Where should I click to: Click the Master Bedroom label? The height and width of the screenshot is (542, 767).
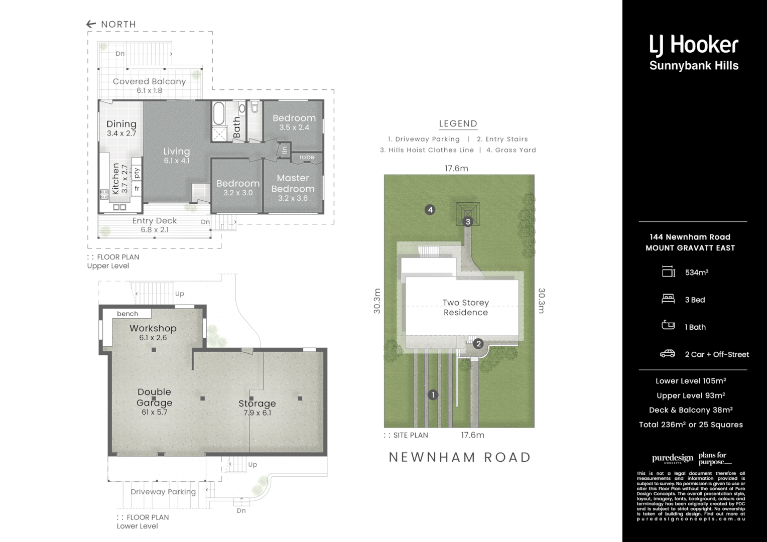pyautogui.click(x=293, y=184)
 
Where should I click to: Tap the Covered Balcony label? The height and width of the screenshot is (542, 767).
pyautogui.click(x=149, y=81)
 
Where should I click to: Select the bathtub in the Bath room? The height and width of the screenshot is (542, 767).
pyautogui.click(x=218, y=114)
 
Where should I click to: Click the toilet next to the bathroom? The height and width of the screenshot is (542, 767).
pyautogui.click(x=254, y=107)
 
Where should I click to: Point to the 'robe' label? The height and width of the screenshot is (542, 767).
pyautogui.click(x=307, y=157)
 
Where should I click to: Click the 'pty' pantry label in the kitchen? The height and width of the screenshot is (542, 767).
pyautogui.click(x=137, y=172)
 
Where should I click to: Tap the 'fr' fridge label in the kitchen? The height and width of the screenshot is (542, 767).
pyautogui.click(x=137, y=189)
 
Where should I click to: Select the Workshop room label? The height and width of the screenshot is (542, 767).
pyautogui.click(x=153, y=328)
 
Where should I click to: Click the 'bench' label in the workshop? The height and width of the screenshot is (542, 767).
pyautogui.click(x=127, y=314)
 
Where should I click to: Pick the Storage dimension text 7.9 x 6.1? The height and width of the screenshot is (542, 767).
pyautogui.click(x=257, y=413)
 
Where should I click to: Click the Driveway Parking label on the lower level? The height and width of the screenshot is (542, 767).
pyautogui.click(x=163, y=492)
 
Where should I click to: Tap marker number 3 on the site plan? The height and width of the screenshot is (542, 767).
pyautogui.click(x=468, y=222)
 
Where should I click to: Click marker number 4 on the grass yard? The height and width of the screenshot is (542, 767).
pyautogui.click(x=430, y=210)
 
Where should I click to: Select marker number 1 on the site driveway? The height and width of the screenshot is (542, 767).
pyautogui.click(x=433, y=395)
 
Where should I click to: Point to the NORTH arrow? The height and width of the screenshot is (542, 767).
pyautogui.click(x=91, y=24)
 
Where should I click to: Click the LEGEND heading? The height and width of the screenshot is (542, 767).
pyautogui.click(x=458, y=123)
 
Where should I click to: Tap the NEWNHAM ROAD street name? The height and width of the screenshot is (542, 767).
pyautogui.click(x=460, y=457)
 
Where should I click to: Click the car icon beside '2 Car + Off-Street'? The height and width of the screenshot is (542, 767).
pyautogui.click(x=668, y=354)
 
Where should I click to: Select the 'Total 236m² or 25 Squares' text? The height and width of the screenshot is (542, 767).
pyautogui.click(x=691, y=425)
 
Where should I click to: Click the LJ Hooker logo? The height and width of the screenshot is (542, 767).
pyautogui.click(x=694, y=52)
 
